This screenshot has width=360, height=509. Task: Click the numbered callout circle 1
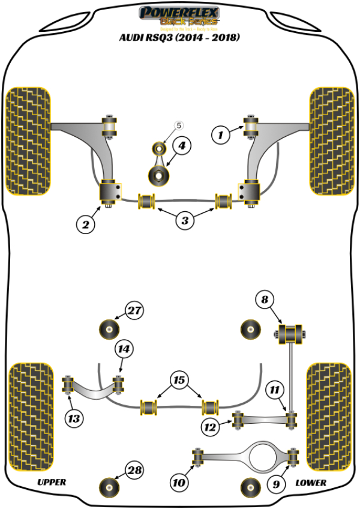click(x=220, y=136)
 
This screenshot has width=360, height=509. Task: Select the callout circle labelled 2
click(x=86, y=224)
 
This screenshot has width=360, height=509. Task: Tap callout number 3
click(x=185, y=221)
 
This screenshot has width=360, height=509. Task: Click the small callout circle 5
click(x=179, y=126)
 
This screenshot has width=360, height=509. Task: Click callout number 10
click(x=179, y=481)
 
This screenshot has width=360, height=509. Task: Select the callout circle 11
click(x=275, y=391)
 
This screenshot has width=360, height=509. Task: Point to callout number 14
click(x=125, y=349)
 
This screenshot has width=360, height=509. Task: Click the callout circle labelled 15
click(x=179, y=380)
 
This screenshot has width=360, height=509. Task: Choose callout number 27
click(x=135, y=311)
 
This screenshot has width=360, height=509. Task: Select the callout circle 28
click(x=135, y=470)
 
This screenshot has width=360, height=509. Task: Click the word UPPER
click(x=52, y=482)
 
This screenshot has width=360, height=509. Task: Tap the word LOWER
click(x=311, y=483)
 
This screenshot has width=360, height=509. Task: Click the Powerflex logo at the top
click(x=179, y=17)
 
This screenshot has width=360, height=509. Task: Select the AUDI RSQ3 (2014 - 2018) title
click(x=179, y=38)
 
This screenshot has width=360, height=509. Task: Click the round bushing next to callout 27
click(x=109, y=328)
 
